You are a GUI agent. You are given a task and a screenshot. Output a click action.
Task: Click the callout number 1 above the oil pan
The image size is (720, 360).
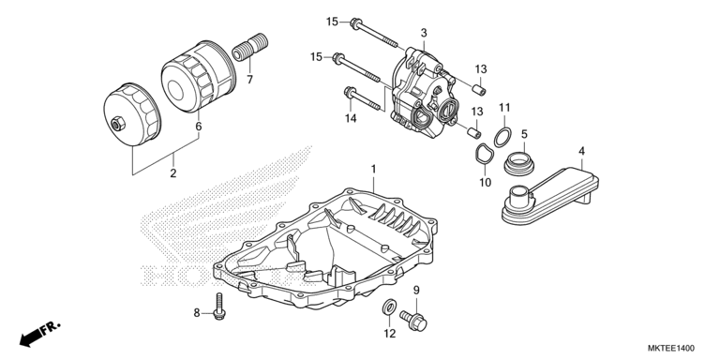pos(373,169)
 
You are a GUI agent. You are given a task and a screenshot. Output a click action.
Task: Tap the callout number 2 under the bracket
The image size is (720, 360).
pos(173,173)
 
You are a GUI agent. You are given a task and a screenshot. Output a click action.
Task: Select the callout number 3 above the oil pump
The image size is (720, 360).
pos(424,33)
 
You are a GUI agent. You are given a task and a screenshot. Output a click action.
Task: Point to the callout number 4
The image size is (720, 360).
pos(581,151)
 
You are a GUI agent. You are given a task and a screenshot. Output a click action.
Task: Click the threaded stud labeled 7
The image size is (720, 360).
pos(250,47)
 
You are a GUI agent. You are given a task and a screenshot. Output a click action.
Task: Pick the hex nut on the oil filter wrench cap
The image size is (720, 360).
pos(116,123)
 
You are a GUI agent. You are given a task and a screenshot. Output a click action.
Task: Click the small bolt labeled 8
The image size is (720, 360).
pos(219,307)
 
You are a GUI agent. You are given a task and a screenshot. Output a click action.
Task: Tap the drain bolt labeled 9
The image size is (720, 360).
pos(413,321)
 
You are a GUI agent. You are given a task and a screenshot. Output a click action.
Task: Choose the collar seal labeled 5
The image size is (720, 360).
pos(520,163)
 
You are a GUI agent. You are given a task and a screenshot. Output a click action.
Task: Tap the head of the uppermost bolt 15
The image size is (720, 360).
pos(355,22)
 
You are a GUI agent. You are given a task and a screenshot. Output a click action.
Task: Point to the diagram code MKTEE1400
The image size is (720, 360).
pos(671,348)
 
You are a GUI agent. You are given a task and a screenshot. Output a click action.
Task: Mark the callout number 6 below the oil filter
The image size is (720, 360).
pos(199,127)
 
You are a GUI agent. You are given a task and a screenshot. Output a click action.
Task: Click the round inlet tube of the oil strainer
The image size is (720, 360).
pos(519,194)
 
